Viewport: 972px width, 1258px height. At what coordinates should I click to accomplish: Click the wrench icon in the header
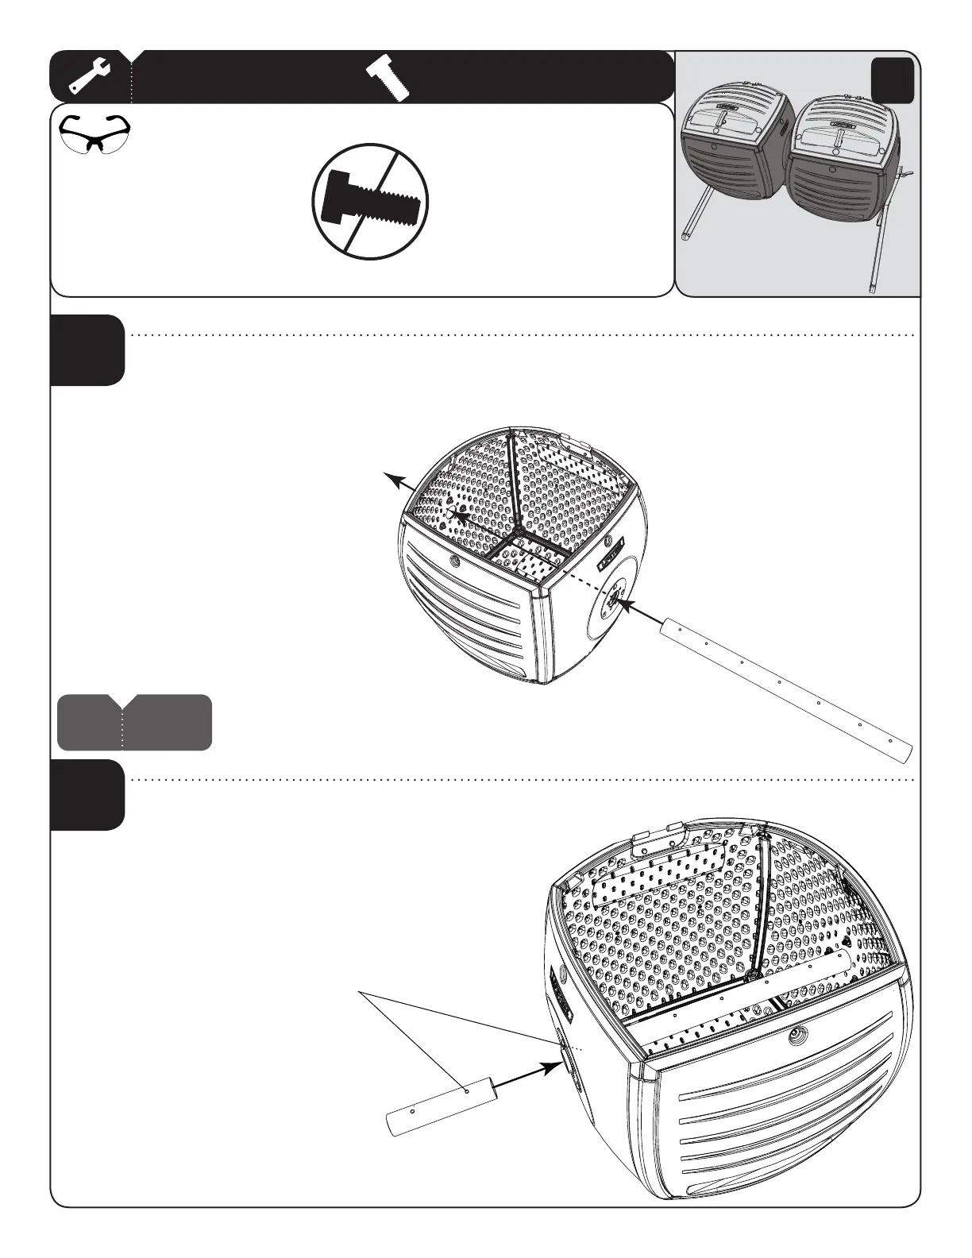90,76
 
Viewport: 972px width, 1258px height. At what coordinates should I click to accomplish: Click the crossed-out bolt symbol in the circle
370,201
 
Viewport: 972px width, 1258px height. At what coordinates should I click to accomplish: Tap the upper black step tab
87,350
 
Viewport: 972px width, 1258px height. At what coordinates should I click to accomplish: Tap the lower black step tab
87,795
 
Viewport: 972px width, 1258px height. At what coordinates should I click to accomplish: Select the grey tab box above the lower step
134,722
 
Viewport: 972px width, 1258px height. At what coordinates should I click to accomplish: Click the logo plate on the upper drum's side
612,555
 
